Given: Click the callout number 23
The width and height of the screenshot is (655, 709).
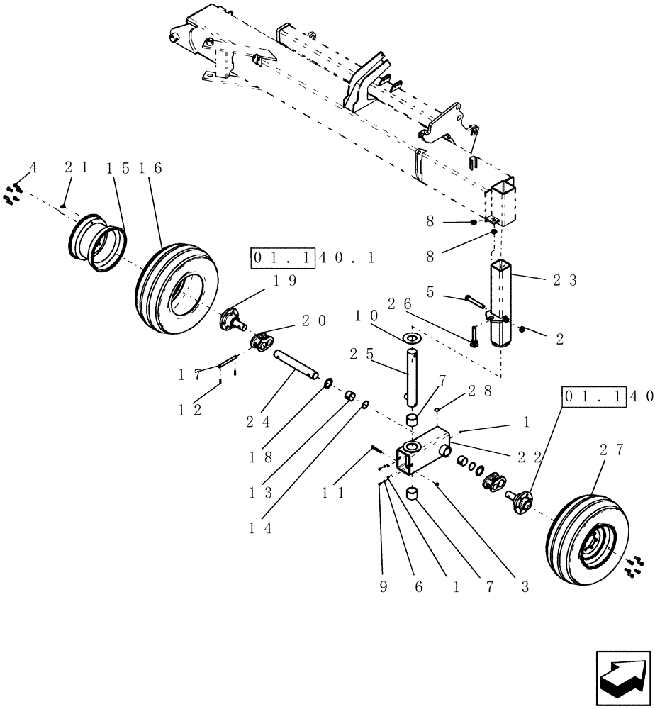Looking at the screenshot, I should (566, 281).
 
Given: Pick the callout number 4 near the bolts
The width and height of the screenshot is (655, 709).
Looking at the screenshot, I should (31, 168).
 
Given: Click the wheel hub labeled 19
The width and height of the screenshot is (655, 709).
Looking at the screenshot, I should (235, 320).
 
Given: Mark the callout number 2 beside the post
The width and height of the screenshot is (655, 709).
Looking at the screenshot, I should (559, 339).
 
